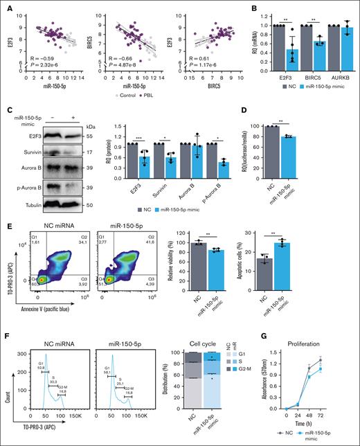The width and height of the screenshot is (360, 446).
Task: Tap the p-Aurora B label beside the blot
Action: (x=25, y=188)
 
